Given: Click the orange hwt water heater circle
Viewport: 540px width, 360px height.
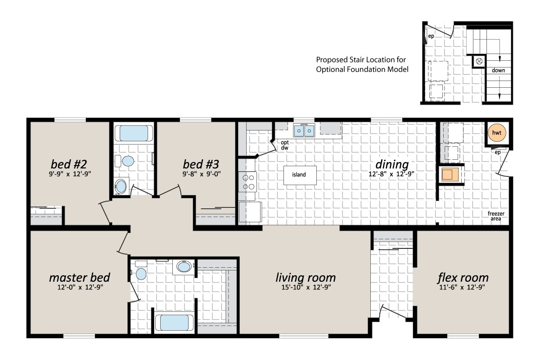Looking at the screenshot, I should click(x=497, y=133).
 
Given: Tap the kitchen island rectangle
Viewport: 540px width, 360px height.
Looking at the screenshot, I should click(x=299, y=175).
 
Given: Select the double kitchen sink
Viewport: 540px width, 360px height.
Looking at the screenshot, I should click(x=304, y=130).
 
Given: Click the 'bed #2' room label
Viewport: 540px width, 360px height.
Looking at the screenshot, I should click(x=68, y=162).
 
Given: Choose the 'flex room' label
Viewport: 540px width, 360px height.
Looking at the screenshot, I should click(x=463, y=277).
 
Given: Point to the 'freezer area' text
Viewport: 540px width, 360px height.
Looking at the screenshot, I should click(x=495, y=216).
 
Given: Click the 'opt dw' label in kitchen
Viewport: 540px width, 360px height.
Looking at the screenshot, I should click(x=284, y=145).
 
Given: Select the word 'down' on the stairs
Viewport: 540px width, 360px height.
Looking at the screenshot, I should click(x=498, y=70).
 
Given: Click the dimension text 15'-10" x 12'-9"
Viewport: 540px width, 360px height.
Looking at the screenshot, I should click(x=306, y=288).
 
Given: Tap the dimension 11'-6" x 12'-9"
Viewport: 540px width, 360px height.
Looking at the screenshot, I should click(x=463, y=288).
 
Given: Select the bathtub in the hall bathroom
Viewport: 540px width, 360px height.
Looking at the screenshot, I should click(x=134, y=133).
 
